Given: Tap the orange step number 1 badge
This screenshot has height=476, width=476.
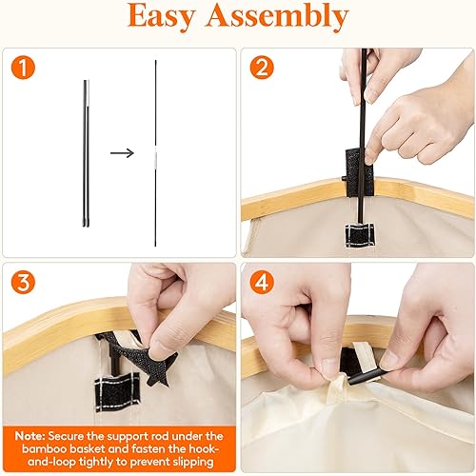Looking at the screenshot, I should coord(22,68).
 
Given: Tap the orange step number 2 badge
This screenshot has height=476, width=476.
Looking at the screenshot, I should coord(262,68).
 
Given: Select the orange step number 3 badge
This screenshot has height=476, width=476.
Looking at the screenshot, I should coord(22,283).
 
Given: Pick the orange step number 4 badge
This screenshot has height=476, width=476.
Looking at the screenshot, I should coord(262,283).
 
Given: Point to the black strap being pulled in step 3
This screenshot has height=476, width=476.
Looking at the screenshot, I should coord(134,352).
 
